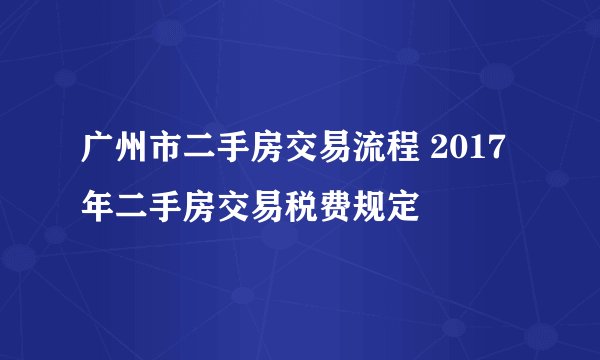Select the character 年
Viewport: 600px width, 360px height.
click(97, 202)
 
